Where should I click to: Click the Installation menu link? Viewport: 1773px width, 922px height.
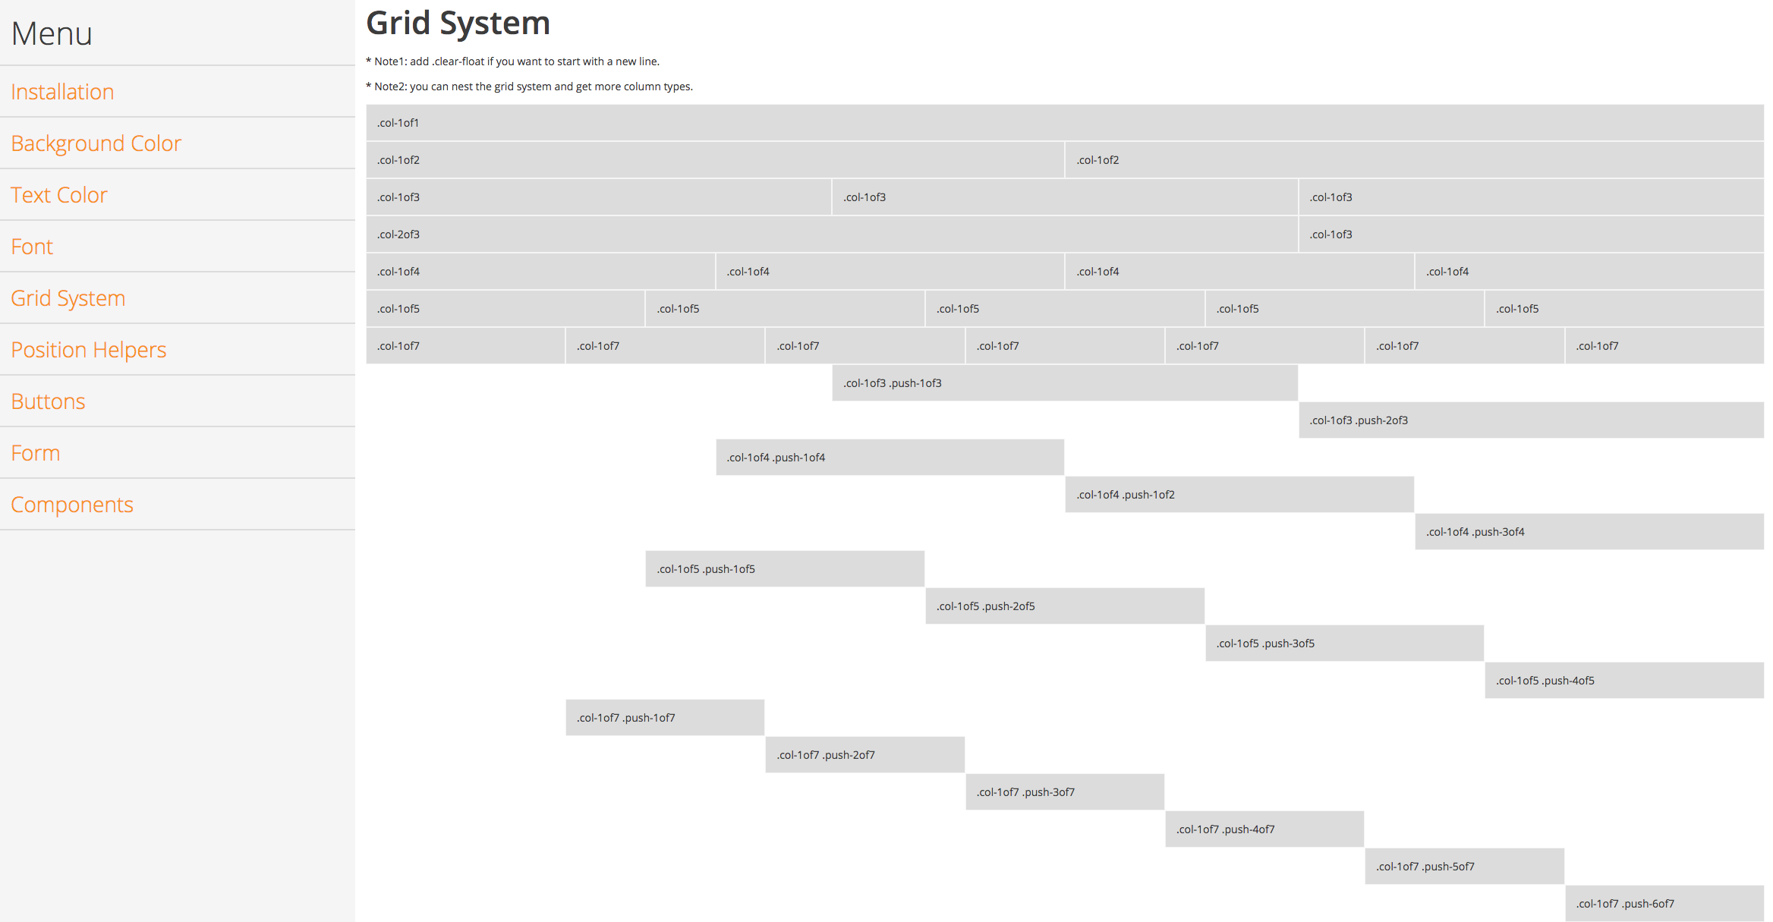point(62,92)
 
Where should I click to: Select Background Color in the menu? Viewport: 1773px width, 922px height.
point(96,143)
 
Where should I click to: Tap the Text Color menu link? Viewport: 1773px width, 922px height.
point(58,195)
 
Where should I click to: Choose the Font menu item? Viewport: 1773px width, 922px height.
point(32,247)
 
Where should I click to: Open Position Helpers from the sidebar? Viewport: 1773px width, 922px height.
point(88,350)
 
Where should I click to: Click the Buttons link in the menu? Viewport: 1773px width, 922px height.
point(48,401)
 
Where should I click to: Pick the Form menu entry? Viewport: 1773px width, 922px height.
point(35,453)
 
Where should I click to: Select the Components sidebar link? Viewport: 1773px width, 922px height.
point(72,505)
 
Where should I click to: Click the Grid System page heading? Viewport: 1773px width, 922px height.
point(458,23)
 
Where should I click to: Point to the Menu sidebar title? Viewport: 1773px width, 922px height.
point(52,33)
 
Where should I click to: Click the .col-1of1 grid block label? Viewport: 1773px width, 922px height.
point(398,123)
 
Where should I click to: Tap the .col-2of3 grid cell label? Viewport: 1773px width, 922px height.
point(398,234)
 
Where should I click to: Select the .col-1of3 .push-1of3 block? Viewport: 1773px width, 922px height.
point(1064,383)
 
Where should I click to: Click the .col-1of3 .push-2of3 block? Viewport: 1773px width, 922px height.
point(1530,420)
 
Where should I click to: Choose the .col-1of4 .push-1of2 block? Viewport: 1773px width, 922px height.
point(1239,495)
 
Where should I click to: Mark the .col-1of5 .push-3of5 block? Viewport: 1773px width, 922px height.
point(1344,644)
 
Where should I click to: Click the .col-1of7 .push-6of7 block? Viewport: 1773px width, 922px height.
point(1664,904)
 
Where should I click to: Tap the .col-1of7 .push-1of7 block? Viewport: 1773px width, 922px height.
point(665,718)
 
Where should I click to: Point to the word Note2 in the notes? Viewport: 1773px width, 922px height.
point(389,87)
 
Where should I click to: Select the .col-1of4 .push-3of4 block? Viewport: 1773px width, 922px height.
point(1589,532)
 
